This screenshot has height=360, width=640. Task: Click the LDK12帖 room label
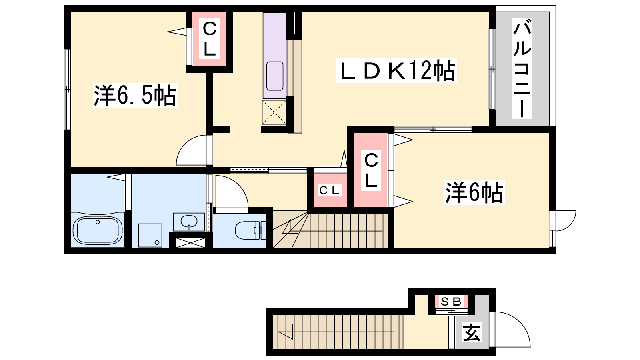pyautogui.click(x=396, y=70)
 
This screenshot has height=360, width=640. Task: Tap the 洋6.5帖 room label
pyautogui.click(x=135, y=96)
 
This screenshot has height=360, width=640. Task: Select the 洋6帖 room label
pyautogui.click(x=474, y=192)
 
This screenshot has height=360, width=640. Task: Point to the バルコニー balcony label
pyautogui.click(x=522, y=68)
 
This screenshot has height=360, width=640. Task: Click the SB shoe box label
pyautogui.click(x=451, y=302)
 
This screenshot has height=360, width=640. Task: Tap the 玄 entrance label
pyautogui.click(x=472, y=332)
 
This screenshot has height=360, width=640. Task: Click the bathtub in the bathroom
pyautogui.click(x=98, y=230)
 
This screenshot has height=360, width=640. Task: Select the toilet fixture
pyautogui.click(x=250, y=230)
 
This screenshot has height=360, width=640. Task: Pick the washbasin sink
pyautogui.click(x=189, y=222)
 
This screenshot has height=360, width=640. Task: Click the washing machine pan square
pyautogui.click(x=150, y=235)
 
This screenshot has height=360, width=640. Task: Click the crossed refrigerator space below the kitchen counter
pyautogui.click(x=274, y=112)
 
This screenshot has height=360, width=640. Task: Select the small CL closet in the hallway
pyautogui.click(x=330, y=190)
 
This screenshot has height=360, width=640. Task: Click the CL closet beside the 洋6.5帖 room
pyautogui.click(x=209, y=38)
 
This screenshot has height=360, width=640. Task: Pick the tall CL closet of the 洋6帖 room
pyautogui.click(x=370, y=170)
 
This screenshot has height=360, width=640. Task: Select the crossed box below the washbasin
pyautogui.click(x=190, y=242)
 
